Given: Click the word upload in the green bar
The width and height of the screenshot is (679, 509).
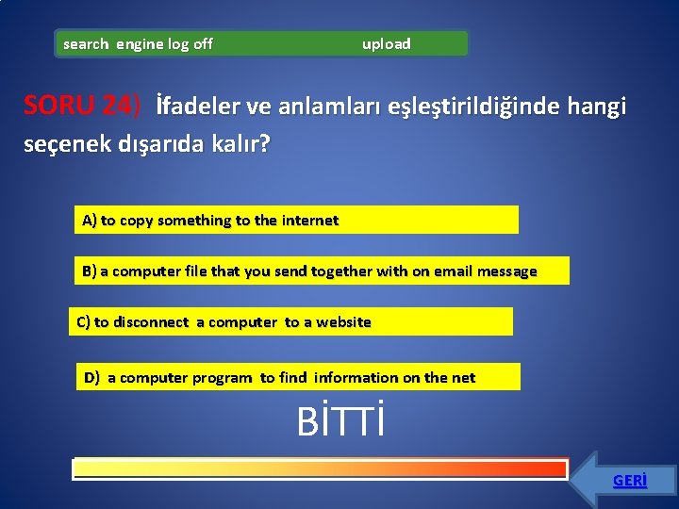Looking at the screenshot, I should (387, 44).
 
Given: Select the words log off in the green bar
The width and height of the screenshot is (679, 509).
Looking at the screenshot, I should (190, 44).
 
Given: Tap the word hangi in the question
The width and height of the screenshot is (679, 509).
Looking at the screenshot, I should (597, 107).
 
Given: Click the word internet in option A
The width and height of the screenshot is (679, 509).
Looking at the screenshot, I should (309, 221).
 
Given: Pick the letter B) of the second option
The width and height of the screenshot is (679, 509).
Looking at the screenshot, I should (90, 271).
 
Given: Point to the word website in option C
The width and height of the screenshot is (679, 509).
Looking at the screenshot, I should (343, 322).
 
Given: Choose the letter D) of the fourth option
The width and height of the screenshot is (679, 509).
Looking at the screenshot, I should (92, 378).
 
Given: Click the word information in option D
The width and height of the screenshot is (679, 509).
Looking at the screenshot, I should (356, 378).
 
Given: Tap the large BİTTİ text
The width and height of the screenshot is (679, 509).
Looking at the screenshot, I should (340, 423).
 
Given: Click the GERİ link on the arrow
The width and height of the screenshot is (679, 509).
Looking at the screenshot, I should (629, 481).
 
